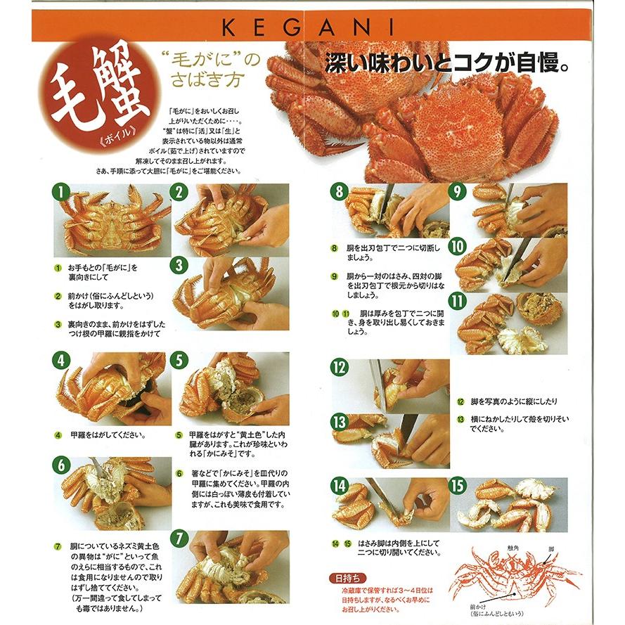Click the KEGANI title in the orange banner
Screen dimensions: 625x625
click(308, 27)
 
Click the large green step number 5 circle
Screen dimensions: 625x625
click(181, 360)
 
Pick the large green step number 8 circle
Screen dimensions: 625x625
click(340, 191)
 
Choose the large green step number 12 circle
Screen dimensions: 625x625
click(340, 367)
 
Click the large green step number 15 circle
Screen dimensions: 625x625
click(458, 485)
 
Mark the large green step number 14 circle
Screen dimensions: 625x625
click(340, 485)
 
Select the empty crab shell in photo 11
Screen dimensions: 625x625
click(539, 308)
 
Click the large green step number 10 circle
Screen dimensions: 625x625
click(458, 246)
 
